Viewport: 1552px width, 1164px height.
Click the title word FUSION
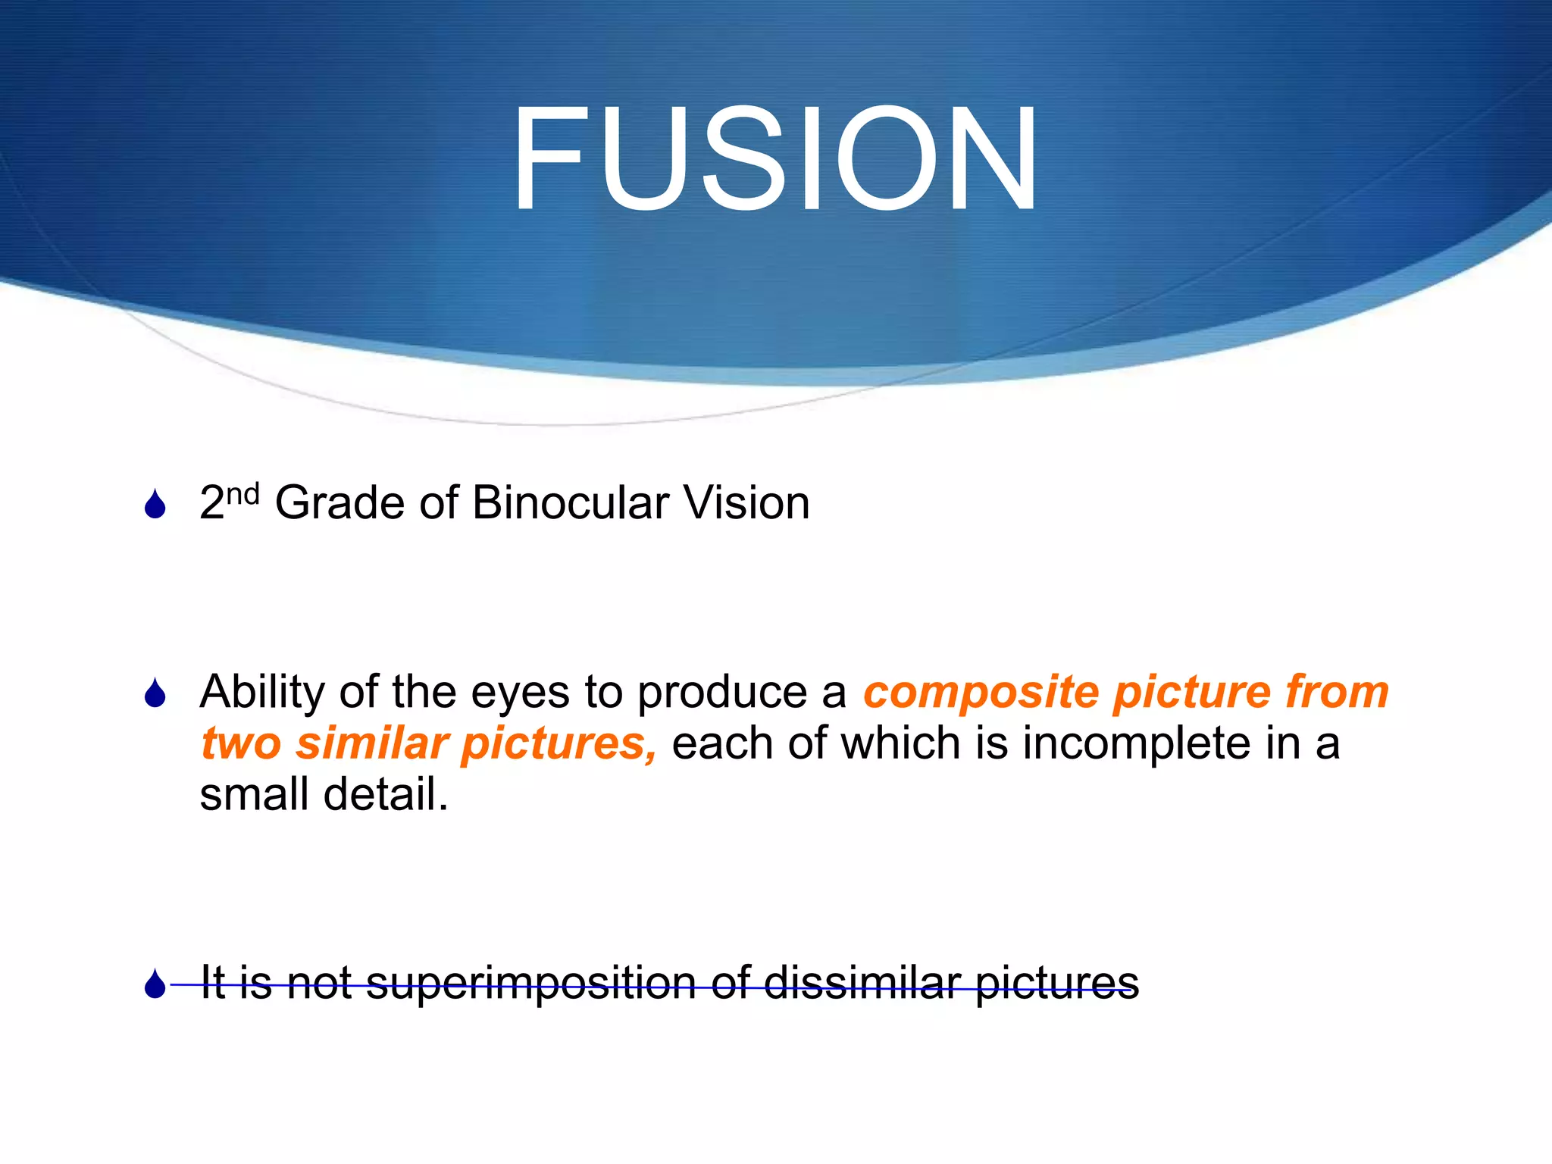point(775,159)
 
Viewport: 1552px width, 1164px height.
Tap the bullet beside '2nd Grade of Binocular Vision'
point(155,505)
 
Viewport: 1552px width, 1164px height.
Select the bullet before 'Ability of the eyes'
point(155,693)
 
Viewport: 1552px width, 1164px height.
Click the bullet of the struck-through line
point(155,984)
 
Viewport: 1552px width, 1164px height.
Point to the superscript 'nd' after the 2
point(243,495)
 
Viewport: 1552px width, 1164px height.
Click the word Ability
point(262,693)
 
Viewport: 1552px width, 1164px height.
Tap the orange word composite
point(981,693)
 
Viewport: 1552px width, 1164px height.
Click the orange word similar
point(372,743)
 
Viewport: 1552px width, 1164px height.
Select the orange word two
point(241,744)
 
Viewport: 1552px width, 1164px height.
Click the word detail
point(386,794)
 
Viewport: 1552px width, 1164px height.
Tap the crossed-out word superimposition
point(530,984)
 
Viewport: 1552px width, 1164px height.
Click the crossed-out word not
point(319,984)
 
